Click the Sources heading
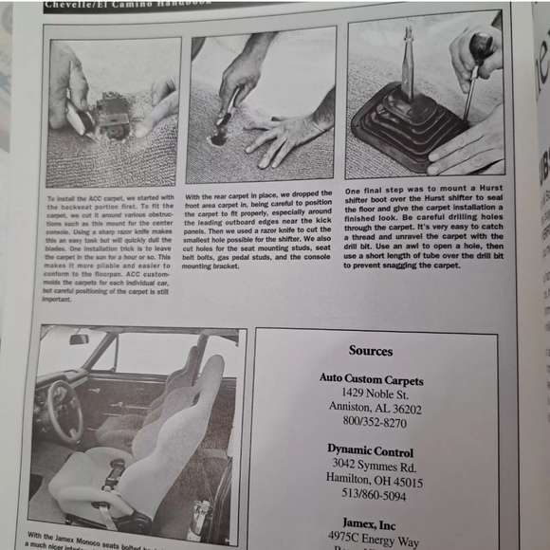[370, 351]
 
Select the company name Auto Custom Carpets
[371, 380]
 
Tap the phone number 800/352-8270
[371, 423]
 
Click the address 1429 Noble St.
[371, 394]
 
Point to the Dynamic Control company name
[371, 449]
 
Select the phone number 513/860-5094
[371, 493]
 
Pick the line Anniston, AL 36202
[371, 409]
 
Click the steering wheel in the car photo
[64, 411]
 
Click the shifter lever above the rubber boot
[408, 57]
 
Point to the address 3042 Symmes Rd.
[371, 464]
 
